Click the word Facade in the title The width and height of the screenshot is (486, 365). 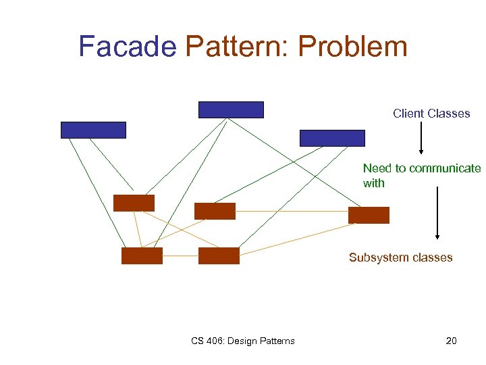pos(127,47)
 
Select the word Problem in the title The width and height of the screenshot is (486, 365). pos(352,47)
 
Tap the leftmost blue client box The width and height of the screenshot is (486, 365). pos(93,130)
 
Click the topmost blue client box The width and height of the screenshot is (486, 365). pos(231,109)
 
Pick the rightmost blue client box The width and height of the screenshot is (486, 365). pos(332,138)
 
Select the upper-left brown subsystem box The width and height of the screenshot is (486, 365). pos(134,203)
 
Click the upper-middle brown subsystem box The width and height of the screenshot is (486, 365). pos(215,211)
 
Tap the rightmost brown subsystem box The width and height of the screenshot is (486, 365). pos(369,215)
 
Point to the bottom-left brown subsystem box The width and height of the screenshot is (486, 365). pos(142,255)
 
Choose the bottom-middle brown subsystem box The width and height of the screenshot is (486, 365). pos(219,255)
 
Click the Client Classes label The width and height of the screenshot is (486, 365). pos(431,114)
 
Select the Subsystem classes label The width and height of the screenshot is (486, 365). pos(400,258)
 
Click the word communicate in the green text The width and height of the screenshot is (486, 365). pos(446,168)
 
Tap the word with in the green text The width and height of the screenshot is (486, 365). pos(373,183)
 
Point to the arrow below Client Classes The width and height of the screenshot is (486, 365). pos(421,139)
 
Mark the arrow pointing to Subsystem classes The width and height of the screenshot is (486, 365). pos(437,213)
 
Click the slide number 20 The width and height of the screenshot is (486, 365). pos(451,341)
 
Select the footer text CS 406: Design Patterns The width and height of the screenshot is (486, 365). pos(242,341)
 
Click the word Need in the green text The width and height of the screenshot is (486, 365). pos(377,168)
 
